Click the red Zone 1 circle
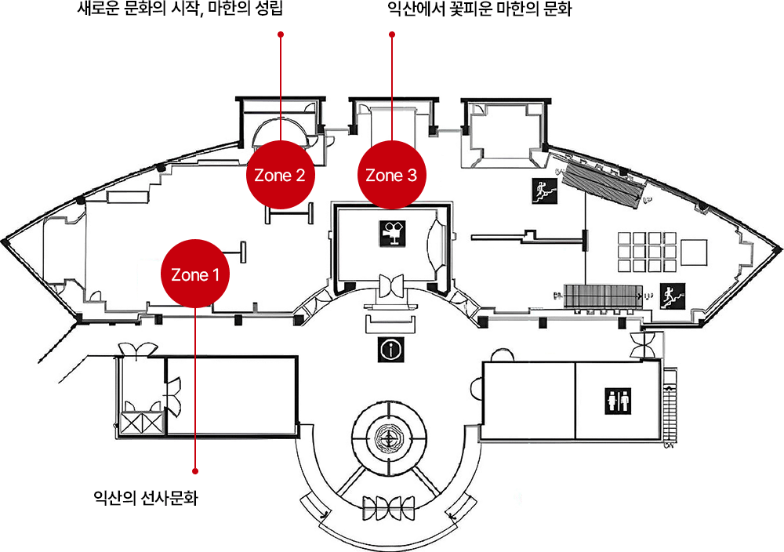click(194, 275)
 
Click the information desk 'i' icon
click(390, 349)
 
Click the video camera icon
click(391, 233)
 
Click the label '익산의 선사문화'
click(145, 496)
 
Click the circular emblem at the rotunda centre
click(389, 439)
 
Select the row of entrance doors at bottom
click(389, 508)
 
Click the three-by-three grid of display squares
click(646, 251)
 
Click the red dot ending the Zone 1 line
click(194, 471)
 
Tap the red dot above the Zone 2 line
click(281, 34)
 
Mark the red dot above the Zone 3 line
click(391, 34)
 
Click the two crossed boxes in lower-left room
click(141, 423)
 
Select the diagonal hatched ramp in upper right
click(602, 182)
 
